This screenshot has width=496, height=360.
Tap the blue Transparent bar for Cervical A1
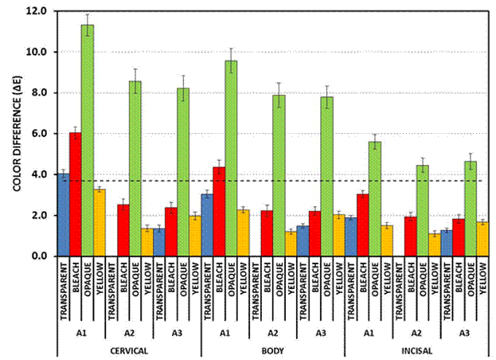[x=63, y=214]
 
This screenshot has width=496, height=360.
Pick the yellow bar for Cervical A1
[x=99, y=222]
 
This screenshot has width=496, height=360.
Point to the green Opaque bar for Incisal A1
[x=373, y=198]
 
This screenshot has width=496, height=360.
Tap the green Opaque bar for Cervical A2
[x=135, y=168]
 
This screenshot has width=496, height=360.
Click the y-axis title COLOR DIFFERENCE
[x=15, y=134]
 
